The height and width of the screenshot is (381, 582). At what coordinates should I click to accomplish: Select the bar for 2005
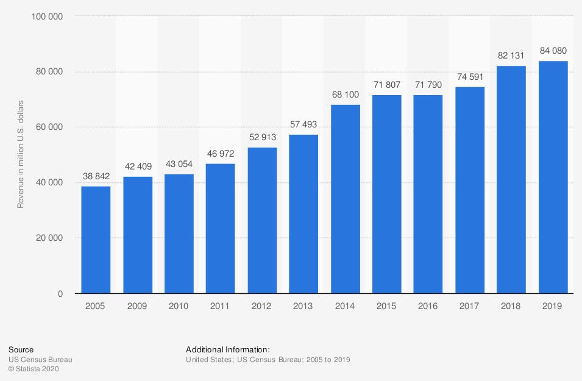[96, 240]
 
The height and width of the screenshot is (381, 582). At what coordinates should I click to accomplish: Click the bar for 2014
[346, 199]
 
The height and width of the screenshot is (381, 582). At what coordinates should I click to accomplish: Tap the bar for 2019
[553, 177]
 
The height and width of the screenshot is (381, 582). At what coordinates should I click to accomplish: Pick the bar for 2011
[221, 229]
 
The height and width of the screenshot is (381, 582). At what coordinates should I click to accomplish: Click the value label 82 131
[511, 55]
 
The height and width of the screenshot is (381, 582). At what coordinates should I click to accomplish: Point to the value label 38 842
[96, 176]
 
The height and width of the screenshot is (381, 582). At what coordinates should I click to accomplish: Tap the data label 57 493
[303, 124]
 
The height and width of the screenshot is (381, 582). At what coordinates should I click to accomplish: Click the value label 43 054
[179, 164]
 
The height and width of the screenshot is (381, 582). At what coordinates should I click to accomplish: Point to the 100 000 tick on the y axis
[47, 16]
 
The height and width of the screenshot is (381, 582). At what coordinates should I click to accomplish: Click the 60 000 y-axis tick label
[49, 127]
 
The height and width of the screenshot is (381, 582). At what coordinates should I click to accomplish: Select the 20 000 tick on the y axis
[49, 238]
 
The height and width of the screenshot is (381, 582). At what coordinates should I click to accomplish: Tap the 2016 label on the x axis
[428, 306]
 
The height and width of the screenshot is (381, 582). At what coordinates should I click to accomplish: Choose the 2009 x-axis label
[137, 306]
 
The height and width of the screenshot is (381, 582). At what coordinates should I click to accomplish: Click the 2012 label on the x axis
[262, 306]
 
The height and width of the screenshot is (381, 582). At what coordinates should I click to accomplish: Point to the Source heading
[20, 350]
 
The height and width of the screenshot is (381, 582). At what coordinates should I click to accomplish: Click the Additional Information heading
[227, 350]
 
